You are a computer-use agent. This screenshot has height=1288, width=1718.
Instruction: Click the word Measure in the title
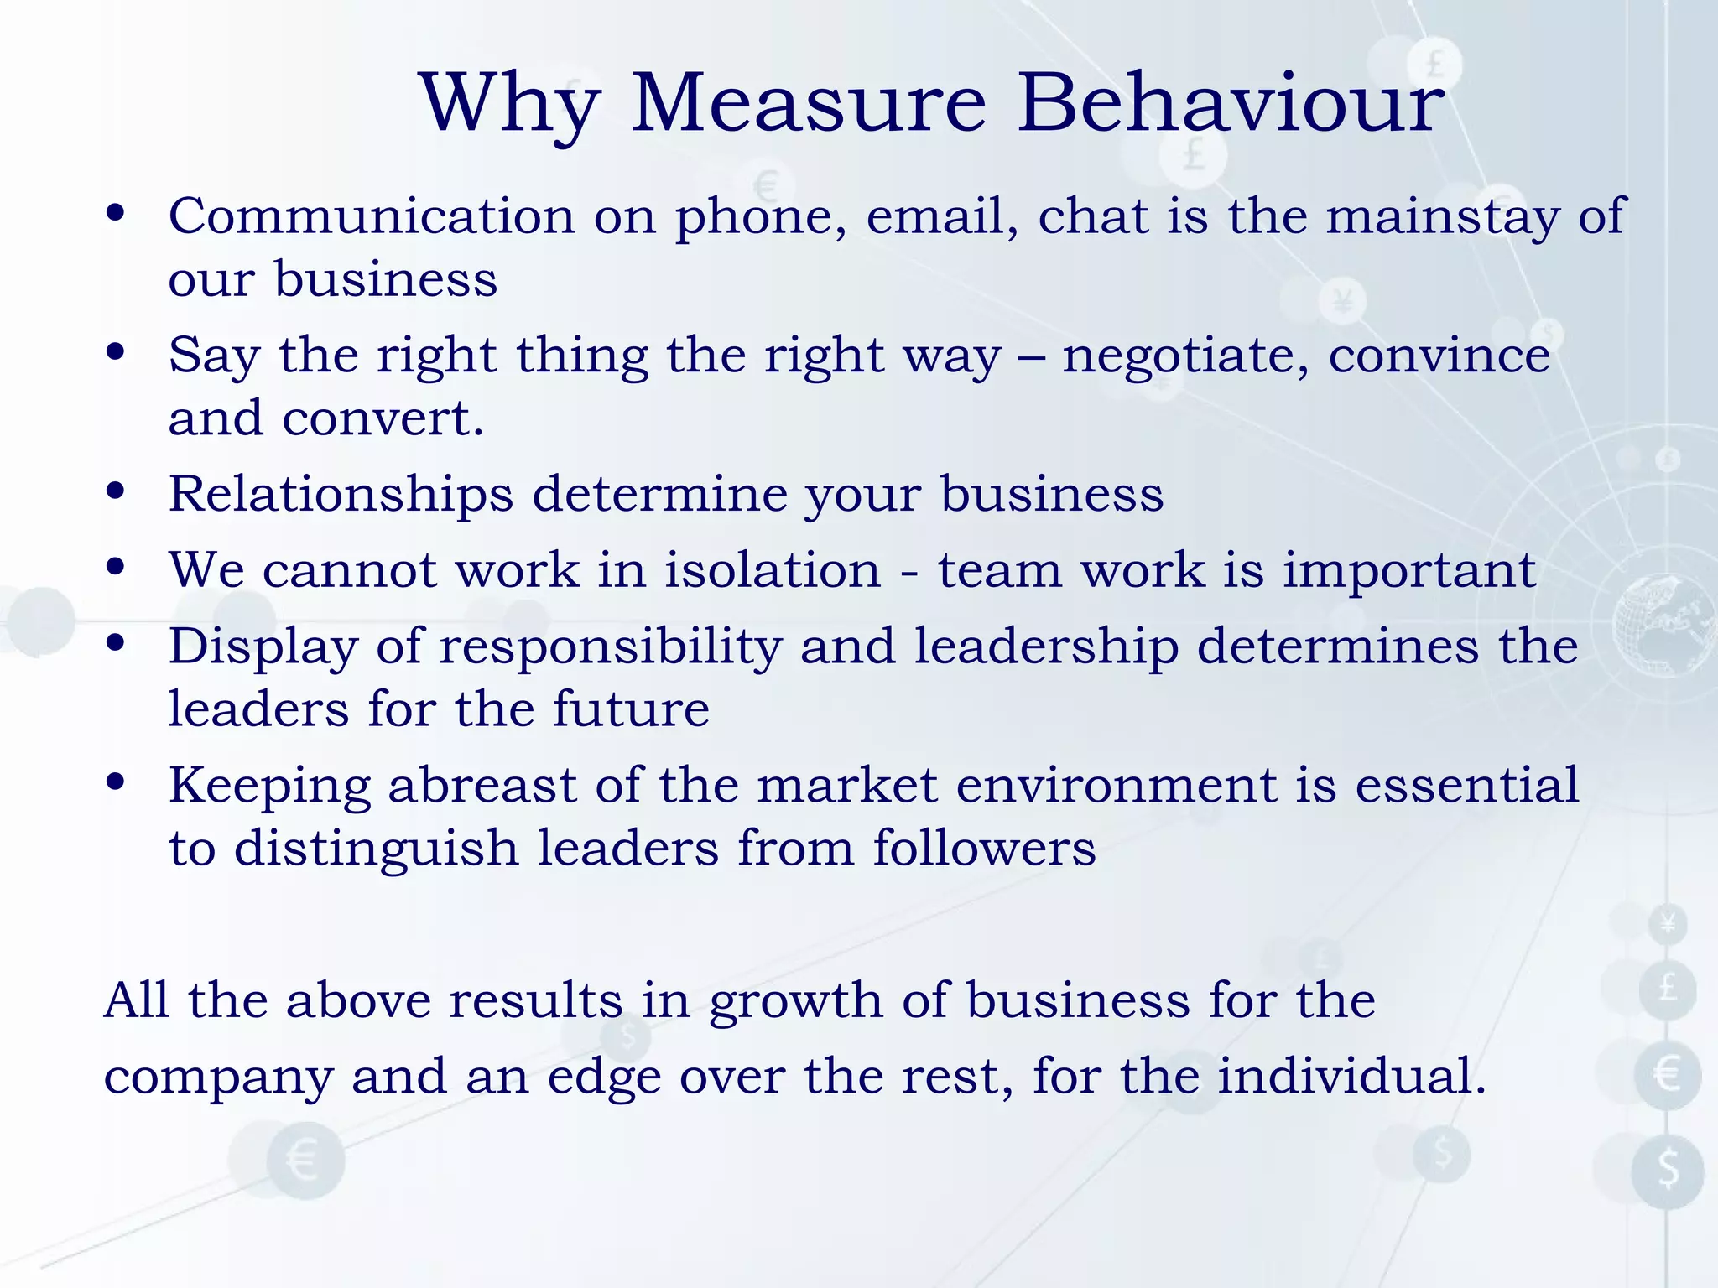pyautogui.click(x=809, y=104)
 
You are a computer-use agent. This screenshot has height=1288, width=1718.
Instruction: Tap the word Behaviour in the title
pyautogui.click(x=1231, y=104)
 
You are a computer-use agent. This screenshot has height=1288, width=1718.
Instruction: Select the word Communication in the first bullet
pyautogui.click(x=372, y=216)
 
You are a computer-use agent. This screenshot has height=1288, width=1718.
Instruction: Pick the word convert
pyautogui.click(x=383, y=418)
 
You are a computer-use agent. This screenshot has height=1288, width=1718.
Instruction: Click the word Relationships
pyautogui.click(x=341, y=495)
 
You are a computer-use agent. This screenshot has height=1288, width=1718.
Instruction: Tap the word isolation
pyautogui.click(x=773, y=570)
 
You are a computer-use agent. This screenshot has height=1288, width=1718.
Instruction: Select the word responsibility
pyautogui.click(x=610, y=648)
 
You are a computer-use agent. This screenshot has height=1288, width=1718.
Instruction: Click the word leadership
pyautogui.click(x=1046, y=648)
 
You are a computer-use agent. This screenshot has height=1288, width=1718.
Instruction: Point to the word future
pyautogui.click(x=631, y=709)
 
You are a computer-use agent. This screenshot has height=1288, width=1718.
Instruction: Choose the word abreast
pyautogui.click(x=482, y=787)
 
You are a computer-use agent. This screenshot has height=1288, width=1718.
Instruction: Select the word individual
pyautogui.click(x=1351, y=1077)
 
